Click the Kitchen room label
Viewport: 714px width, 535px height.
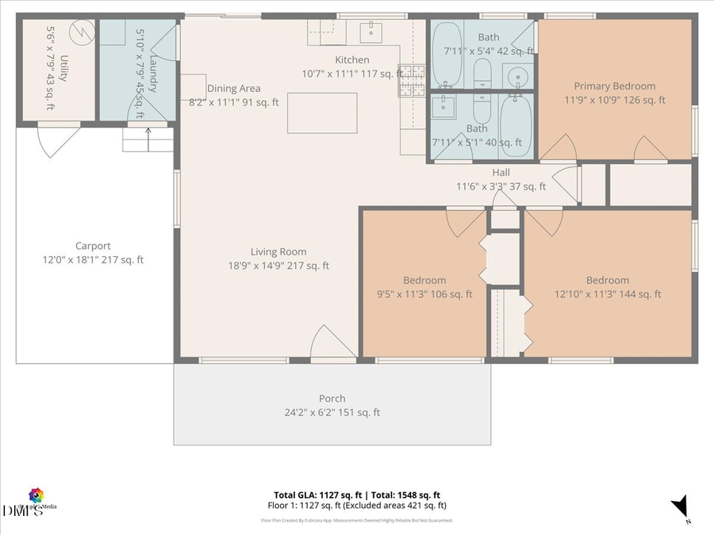351,60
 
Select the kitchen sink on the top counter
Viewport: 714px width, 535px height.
370,32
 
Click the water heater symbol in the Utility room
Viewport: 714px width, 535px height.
79,32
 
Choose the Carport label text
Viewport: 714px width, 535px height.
93,246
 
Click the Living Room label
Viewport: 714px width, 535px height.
278,252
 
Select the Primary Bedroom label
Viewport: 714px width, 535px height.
615,86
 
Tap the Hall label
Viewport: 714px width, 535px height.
501,173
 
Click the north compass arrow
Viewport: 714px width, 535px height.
679,506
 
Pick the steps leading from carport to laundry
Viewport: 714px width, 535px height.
148,141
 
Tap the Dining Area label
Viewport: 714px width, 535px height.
233,89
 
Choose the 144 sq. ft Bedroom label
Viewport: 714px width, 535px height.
607,280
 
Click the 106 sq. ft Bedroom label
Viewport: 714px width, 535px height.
424,280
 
